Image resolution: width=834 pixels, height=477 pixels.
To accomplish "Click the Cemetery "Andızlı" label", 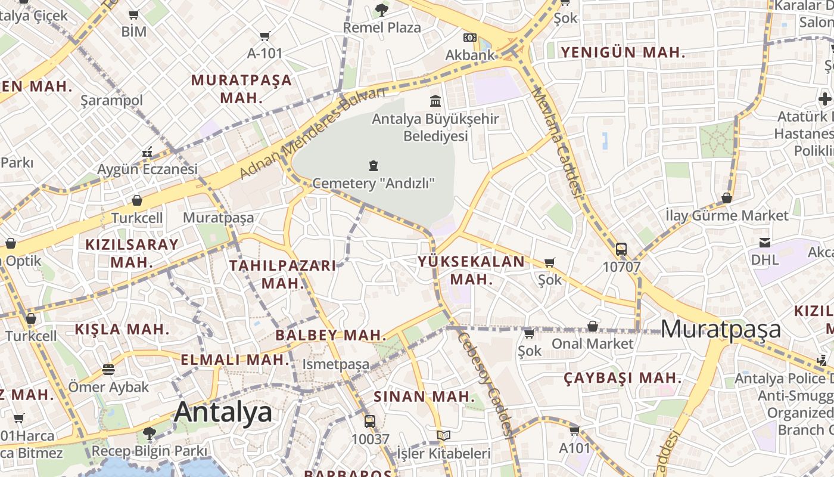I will [x=374, y=182].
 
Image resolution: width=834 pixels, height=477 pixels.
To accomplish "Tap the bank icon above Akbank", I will [x=470, y=38].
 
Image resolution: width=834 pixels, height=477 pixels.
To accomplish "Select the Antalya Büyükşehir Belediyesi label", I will [x=435, y=128].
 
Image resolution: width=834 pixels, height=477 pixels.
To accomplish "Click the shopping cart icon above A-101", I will [x=265, y=36].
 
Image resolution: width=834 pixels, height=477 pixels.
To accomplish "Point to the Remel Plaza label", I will [x=382, y=27].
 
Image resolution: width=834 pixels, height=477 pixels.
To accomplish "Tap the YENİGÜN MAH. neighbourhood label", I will [x=623, y=52].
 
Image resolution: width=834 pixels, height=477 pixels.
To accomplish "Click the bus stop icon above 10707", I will [x=621, y=249].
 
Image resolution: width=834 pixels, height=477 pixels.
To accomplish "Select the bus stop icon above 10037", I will [x=370, y=422].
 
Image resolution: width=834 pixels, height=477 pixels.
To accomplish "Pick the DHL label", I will [x=764, y=259].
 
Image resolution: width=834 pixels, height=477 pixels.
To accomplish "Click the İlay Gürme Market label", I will [x=727, y=215].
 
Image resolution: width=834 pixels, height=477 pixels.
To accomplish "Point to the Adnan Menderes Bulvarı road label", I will [x=312, y=133].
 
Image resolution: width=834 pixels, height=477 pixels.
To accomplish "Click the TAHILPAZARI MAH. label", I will [x=283, y=274].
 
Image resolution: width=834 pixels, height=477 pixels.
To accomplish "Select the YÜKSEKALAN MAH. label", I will [x=471, y=270].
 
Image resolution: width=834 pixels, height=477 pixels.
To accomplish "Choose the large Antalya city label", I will [x=223, y=412].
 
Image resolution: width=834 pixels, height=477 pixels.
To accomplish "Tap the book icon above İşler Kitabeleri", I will [x=443, y=436].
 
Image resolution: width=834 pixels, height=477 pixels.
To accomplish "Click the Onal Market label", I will [x=593, y=343].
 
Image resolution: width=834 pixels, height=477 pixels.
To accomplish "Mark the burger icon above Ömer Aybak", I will [x=108, y=370].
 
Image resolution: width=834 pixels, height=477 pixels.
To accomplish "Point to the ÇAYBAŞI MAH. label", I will [x=623, y=377].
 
